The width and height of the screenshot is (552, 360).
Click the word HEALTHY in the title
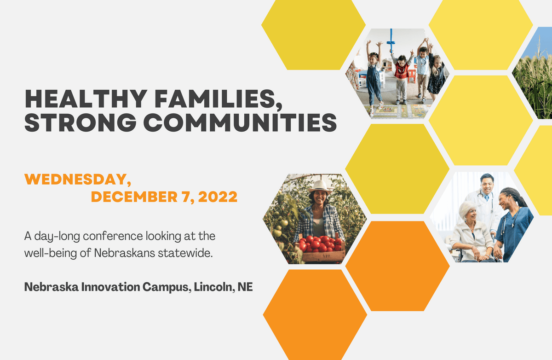coord(86,99)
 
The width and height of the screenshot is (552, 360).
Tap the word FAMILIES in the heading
coord(218,99)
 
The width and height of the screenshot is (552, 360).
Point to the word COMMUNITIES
coord(240,122)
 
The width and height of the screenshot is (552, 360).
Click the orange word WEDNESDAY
coord(77,179)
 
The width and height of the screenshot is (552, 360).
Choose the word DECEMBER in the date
coord(134,197)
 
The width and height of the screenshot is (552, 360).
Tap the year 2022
coord(218,197)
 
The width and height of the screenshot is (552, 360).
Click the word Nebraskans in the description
coord(125,253)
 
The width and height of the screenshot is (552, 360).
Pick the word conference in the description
coord(113,236)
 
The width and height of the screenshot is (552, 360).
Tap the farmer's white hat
coord(320,187)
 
